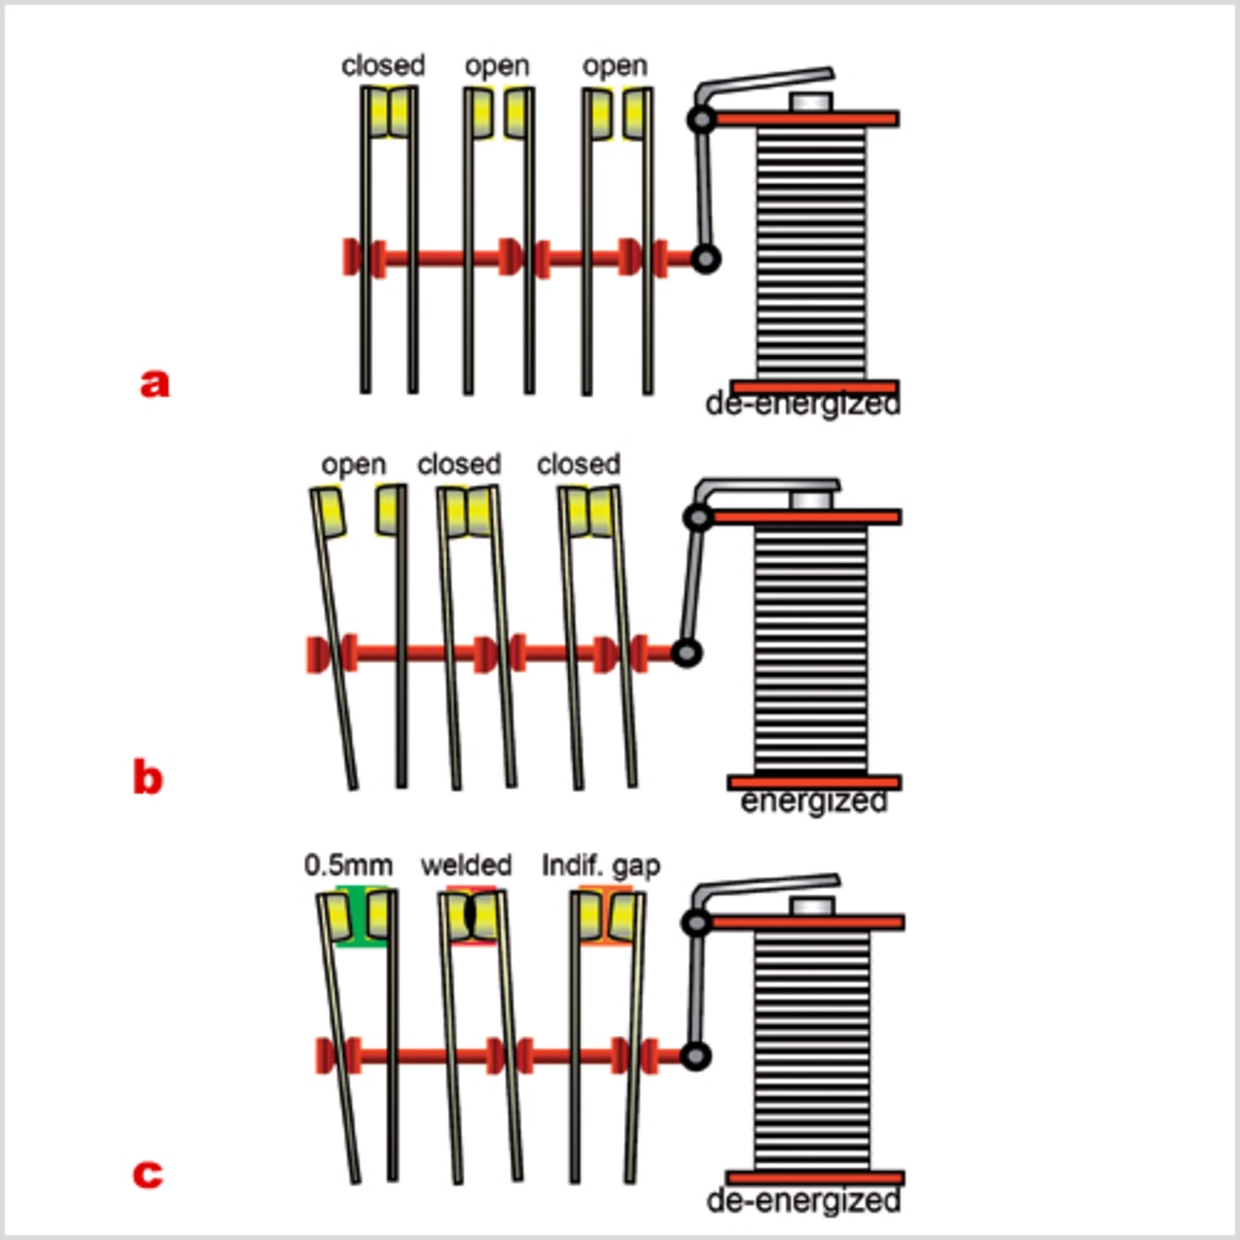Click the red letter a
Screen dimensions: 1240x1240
[155, 384]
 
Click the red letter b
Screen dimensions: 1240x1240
[147, 778]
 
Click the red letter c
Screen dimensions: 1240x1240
[147, 1174]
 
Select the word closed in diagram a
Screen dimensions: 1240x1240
[384, 66]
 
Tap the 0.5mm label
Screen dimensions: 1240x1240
[349, 864]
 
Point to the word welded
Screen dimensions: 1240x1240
[466, 864]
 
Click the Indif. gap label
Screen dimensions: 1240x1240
[601, 864]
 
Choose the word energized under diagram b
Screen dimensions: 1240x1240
[814, 802]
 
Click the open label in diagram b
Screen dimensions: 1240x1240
[354, 465]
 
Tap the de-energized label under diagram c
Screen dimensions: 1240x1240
[804, 1201]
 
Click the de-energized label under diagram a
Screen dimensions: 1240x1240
[803, 403]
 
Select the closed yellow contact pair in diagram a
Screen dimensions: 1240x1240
[389, 112]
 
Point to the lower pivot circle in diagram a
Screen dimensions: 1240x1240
[705, 260]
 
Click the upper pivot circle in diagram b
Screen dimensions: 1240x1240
[697, 518]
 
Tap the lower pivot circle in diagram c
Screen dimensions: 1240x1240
[696, 1056]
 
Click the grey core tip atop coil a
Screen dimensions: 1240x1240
[812, 102]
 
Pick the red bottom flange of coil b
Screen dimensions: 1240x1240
[815, 782]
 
